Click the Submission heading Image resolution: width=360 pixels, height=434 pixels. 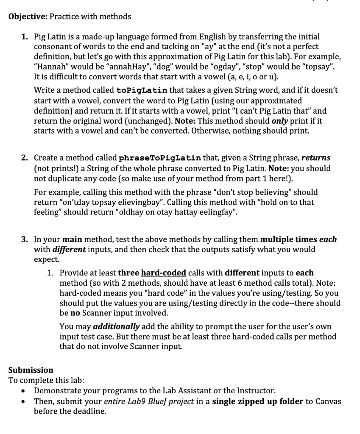tap(31, 370)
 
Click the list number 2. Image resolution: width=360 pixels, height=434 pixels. tap(25, 158)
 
